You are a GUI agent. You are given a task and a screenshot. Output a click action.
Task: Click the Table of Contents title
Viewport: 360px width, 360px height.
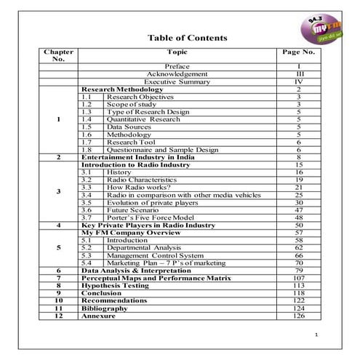point(187,38)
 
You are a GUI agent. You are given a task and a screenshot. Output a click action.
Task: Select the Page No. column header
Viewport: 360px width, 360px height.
point(298,52)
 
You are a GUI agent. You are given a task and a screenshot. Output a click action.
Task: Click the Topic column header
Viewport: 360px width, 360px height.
point(177,52)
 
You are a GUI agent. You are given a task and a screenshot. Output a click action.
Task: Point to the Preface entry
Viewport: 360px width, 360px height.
point(177,67)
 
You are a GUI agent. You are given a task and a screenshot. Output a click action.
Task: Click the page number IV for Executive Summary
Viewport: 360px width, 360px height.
point(298,82)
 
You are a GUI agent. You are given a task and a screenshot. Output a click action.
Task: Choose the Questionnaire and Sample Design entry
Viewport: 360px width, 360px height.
point(162,150)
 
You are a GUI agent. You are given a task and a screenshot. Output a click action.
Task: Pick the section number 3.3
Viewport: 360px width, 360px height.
point(86,188)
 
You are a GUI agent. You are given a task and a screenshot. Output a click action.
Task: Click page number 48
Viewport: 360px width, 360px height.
point(298,217)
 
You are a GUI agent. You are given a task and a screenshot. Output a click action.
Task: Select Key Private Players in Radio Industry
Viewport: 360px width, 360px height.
point(149,225)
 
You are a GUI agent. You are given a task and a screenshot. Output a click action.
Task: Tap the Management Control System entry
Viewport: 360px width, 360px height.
point(154,255)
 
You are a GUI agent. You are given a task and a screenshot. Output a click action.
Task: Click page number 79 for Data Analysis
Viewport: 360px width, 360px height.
point(298,271)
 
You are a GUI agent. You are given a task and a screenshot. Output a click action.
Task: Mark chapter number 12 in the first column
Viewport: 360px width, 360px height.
point(58,316)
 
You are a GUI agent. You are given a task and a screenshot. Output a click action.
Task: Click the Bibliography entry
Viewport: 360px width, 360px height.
point(105,308)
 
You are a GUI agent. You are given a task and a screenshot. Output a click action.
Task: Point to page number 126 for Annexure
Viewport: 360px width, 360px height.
point(298,316)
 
